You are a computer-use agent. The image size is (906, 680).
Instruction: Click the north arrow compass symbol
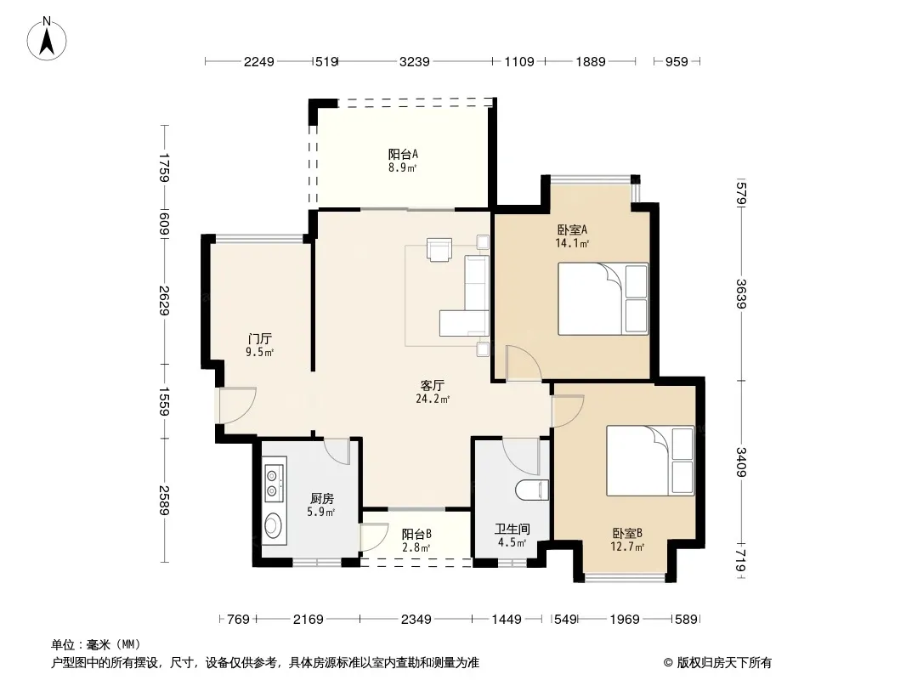point(47,38)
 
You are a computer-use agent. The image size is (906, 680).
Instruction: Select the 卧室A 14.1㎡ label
point(572,235)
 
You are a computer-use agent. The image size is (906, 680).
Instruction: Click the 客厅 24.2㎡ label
point(433,392)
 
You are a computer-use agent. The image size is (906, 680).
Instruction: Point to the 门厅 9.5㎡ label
point(259,345)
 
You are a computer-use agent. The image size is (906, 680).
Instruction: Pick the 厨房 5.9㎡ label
point(322,504)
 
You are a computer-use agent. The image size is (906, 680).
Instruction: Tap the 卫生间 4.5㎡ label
point(512,535)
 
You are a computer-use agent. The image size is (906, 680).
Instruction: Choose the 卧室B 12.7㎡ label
point(627,539)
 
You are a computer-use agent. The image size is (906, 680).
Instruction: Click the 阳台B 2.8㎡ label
point(416,541)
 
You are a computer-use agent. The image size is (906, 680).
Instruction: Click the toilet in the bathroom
point(531,490)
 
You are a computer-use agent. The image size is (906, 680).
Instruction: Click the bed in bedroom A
point(603,298)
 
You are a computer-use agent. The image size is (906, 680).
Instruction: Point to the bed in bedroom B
point(650,461)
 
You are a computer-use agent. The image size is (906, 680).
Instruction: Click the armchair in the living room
point(439,249)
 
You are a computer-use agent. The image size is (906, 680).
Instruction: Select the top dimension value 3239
point(414,61)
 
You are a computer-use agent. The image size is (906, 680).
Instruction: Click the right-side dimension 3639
point(742,294)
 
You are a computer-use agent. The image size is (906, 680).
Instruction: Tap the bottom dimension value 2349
point(416,620)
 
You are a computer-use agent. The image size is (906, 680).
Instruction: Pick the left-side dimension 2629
point(164,300)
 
